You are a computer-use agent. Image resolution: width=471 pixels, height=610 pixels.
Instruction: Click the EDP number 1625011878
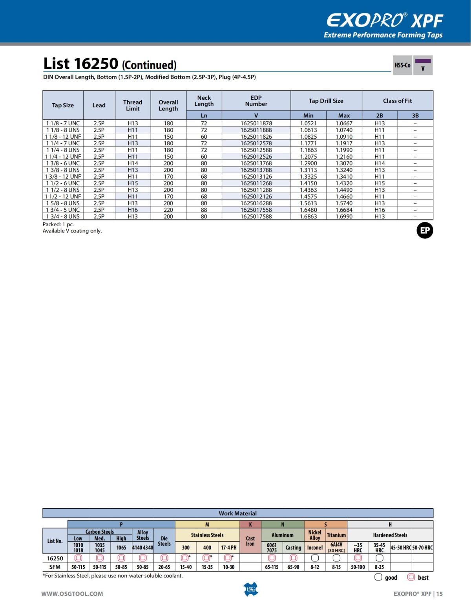point(256,123)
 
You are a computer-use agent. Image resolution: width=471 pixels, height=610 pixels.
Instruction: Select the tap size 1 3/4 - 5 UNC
point(63,210)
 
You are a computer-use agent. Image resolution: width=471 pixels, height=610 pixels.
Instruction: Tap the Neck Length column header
point(204,101)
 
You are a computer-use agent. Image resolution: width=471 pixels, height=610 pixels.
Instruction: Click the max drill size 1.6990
point(344,216)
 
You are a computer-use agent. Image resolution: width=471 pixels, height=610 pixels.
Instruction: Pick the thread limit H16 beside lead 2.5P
point(133,210)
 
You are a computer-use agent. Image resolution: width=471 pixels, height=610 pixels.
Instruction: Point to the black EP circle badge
point(425,231)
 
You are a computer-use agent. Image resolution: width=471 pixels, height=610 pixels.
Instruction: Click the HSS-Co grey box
point(402,65)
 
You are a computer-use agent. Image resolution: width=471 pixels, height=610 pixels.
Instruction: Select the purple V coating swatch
point(423,61)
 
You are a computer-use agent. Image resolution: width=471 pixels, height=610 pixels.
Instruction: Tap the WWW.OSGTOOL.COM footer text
point(72,594)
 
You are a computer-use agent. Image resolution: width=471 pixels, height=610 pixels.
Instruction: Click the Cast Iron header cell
point(250,541)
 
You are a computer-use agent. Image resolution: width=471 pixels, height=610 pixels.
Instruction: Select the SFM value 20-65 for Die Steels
point(164,567)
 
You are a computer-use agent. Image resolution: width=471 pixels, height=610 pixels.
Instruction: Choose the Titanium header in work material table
point(336,535)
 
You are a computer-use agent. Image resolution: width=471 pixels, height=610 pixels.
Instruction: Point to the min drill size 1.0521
point(308,123)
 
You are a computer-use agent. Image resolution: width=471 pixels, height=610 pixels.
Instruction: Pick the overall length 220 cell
point(168,210)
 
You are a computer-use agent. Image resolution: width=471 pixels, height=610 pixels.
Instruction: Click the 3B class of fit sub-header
point(415,115)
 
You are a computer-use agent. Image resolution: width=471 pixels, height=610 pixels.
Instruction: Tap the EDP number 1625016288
point(256,203)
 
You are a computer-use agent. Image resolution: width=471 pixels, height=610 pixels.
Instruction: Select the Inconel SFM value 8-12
point(314,567)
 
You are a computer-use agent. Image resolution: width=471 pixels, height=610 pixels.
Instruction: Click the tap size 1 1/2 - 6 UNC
point(63,183)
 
